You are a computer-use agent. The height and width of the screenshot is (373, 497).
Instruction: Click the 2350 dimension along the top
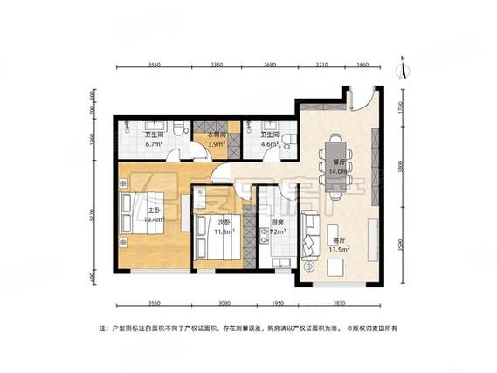[x=217, y=66]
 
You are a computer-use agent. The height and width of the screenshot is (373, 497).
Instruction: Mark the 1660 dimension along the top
[x=363, y=66]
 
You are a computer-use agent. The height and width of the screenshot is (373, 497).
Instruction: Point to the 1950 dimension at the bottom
[x=278, y=302]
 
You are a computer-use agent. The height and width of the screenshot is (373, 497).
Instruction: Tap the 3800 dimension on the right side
[x=400, y=169]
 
